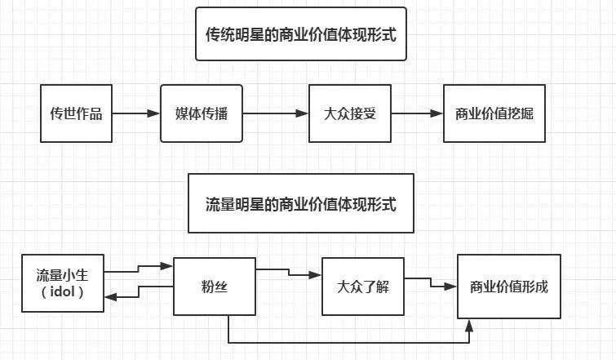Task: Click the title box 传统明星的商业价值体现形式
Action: [301, 33]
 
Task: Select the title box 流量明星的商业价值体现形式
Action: [301, 204]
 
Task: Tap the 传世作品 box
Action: [76, 113]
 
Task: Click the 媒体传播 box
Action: [202, 113]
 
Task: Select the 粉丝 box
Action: [214, 286]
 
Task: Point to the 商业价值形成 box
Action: [509, 287]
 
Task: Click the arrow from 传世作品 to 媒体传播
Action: [135, 113]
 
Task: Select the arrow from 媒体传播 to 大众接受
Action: [276, 113]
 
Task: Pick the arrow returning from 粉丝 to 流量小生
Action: [139, 291]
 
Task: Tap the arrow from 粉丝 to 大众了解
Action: [290, 273]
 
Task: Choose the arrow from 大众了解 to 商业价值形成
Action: [431, 282]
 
